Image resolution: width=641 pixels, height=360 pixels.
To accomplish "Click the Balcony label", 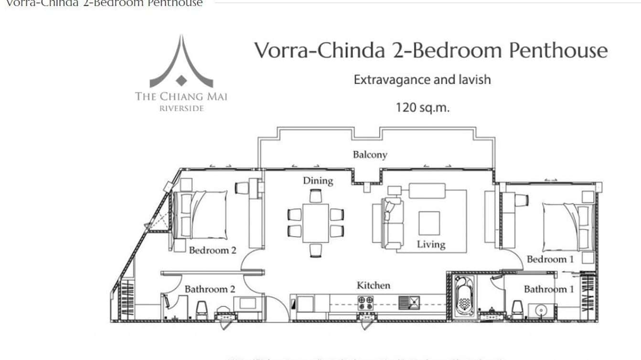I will pos(370,155).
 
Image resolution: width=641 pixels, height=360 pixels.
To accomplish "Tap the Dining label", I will pos(318,180).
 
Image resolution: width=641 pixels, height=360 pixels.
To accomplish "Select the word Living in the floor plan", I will pos(431,244).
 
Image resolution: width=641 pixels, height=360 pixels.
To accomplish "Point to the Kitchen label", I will pos(374,286).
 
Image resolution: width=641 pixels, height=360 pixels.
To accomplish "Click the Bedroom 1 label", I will pos(550,259).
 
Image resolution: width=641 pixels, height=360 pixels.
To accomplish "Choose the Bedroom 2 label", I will pos(213,250).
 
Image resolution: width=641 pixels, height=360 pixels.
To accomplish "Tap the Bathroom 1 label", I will pos(549,289).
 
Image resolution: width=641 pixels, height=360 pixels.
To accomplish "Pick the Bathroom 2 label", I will pos(210,289).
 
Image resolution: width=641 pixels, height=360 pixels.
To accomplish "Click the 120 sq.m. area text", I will pos(422,107).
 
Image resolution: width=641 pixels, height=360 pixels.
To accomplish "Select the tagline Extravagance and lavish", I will pos(422,79).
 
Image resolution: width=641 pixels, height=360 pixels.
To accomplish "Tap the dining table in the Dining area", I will pos(316,223).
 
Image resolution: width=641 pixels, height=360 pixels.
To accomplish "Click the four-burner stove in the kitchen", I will pos(366,302).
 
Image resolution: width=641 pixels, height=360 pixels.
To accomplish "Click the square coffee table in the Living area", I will pos(429,223).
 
